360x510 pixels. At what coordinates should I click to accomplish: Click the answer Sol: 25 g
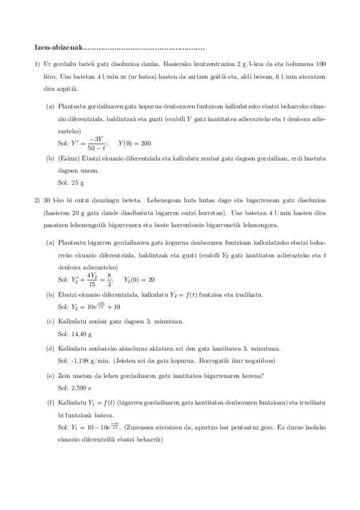(70, 182)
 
